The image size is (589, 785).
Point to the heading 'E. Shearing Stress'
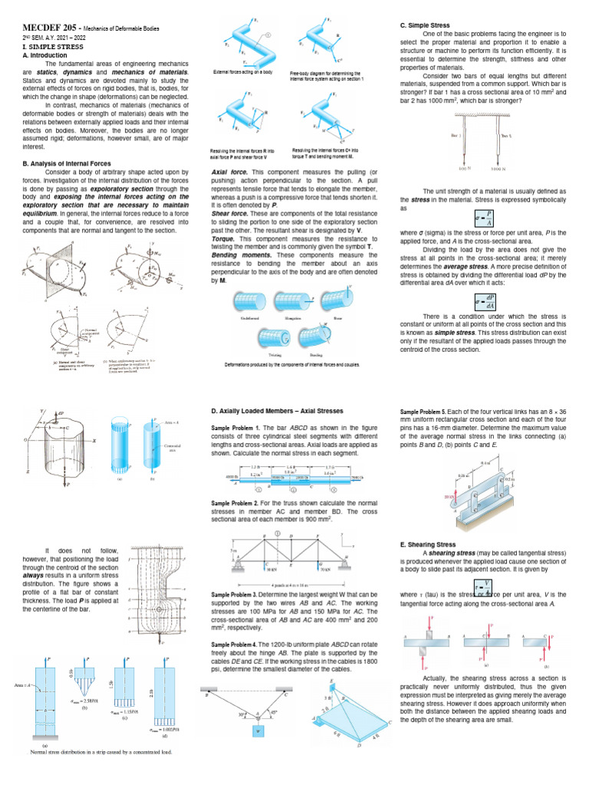pyautogui.click(x=429, y=544)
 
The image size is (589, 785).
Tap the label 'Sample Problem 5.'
pyautogui.click(x=426, y=412)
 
